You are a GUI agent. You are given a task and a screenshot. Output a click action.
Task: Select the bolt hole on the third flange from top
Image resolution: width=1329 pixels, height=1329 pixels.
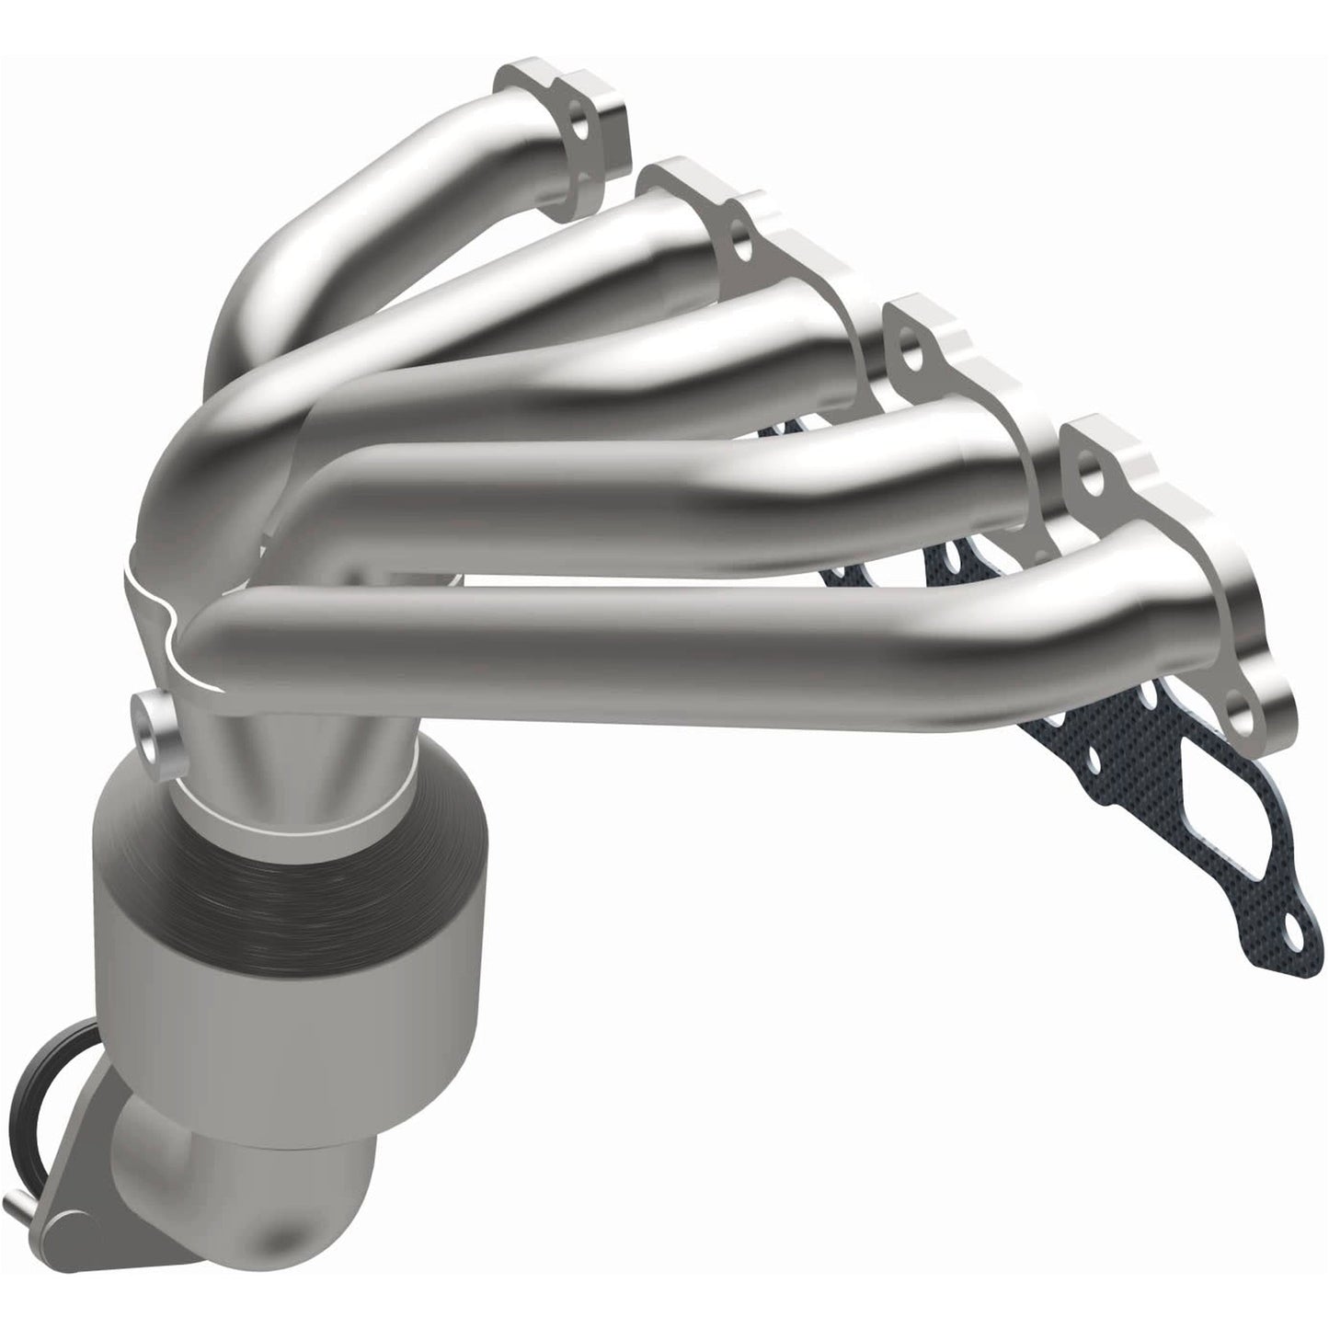pyautogui.click(x=911, y=353)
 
